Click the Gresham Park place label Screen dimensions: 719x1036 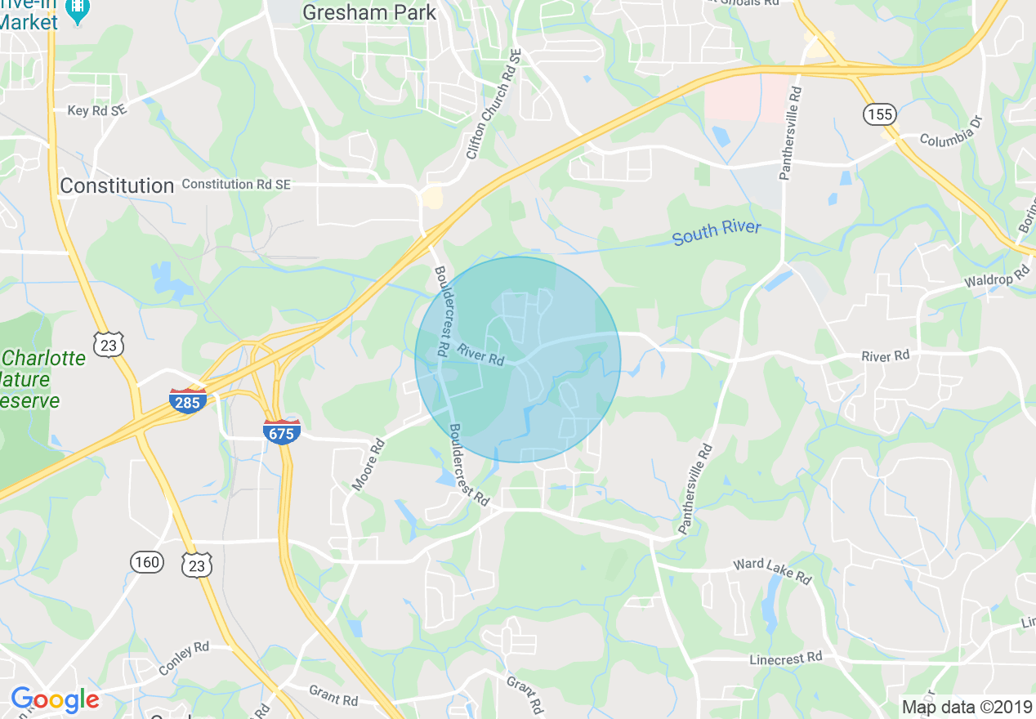click(x=369, y=12)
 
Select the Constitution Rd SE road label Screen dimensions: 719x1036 click(x=236, y=185)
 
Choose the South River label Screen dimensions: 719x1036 click(x=717, y=232)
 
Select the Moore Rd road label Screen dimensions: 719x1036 click(x=368, y=466)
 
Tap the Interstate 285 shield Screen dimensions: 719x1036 click(x=188, y=400)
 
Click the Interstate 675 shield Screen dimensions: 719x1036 click(x=281, y=431)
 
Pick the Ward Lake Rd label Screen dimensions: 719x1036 click(x=771, y=570)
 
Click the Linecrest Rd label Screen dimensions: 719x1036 click(x=786, y=658)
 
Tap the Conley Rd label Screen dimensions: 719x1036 click(x=184, y=659)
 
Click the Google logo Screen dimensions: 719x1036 click(x=55, y=700)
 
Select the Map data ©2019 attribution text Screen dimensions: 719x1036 click(x=965, y=707)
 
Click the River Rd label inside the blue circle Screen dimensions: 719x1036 click(x=480, y=354)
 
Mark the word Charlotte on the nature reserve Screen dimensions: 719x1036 click(x=46, y=359)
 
